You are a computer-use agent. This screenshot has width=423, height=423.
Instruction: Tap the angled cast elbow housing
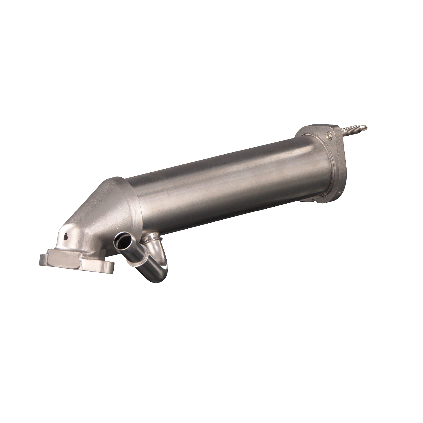[96, 209]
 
